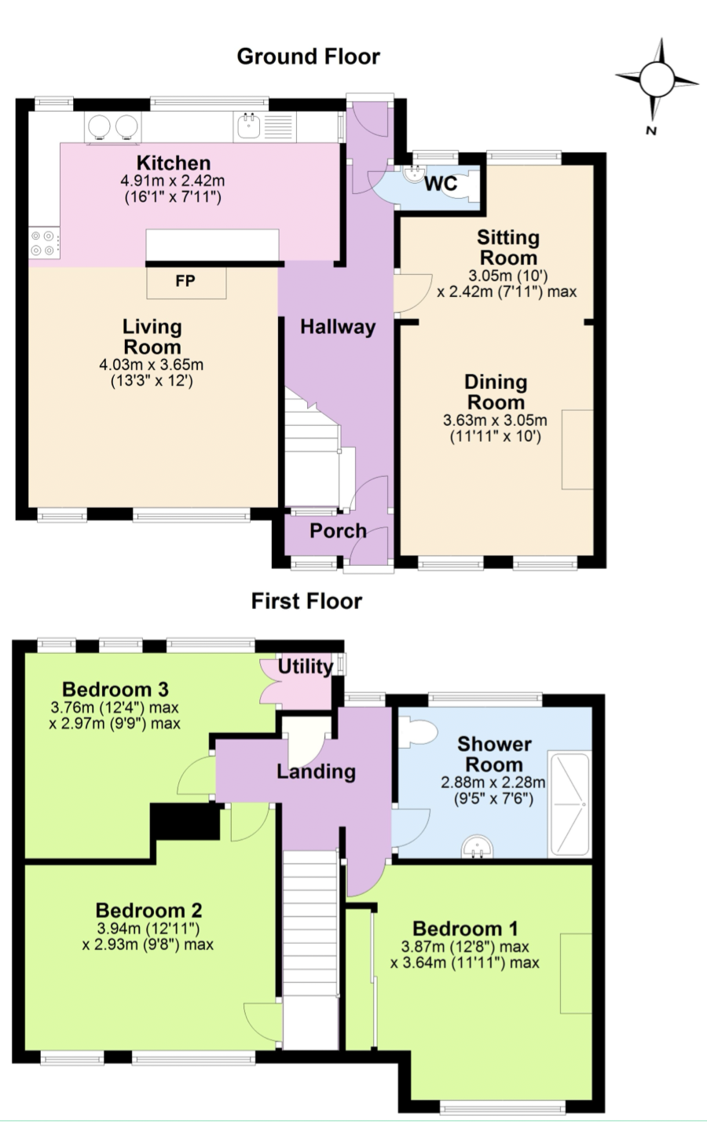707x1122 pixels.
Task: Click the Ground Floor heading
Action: click(x=309, y=57)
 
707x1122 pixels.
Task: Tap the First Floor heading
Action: click(x=306, y=601)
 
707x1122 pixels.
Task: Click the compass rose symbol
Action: click(x=657, y=80)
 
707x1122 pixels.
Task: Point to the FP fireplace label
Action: click(x=185, y=281)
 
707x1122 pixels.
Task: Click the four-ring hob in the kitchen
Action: click(x=44, y=243)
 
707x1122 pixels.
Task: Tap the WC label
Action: click(x=441, y=184)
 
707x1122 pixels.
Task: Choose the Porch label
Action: click(x=338, y=531)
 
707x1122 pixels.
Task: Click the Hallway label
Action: click(x=338, y=327)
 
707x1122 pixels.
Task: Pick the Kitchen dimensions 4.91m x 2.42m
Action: click(x=173, y=181)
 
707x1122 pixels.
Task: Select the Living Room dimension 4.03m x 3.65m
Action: click(x=151, y=364)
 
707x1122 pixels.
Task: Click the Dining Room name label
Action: click(x=496, y=392)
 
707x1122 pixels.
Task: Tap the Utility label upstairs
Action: click(x=306, y=667)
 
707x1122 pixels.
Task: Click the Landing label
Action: click(x=316, y=772)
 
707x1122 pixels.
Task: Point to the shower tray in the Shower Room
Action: click(x=570, y=804)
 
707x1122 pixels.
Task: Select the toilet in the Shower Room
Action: click(x=419, y=731)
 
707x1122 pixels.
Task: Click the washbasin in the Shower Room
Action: click(x=478, y=846)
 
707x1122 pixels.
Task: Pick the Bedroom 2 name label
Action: click(x=148, y=910)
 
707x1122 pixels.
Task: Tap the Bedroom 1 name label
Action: click(x=465, y=929)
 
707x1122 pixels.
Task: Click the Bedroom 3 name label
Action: click(x=115, y=690)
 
